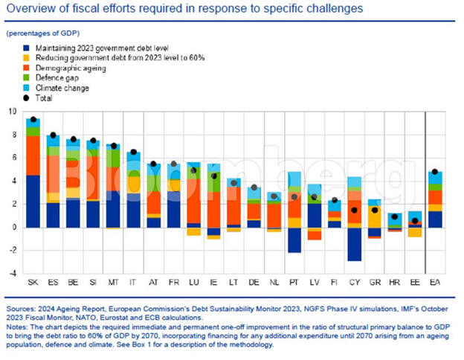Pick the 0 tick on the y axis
click(13, 227)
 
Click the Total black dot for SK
click(33, 119)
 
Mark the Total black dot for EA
click(436, 172)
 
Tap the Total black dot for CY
click(355, 210)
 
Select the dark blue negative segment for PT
click(294, 240)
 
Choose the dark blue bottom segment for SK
click(33, 201)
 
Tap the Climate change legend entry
click(62, 87)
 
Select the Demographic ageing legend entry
click(68, 68)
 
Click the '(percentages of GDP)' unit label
click(45, 35)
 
